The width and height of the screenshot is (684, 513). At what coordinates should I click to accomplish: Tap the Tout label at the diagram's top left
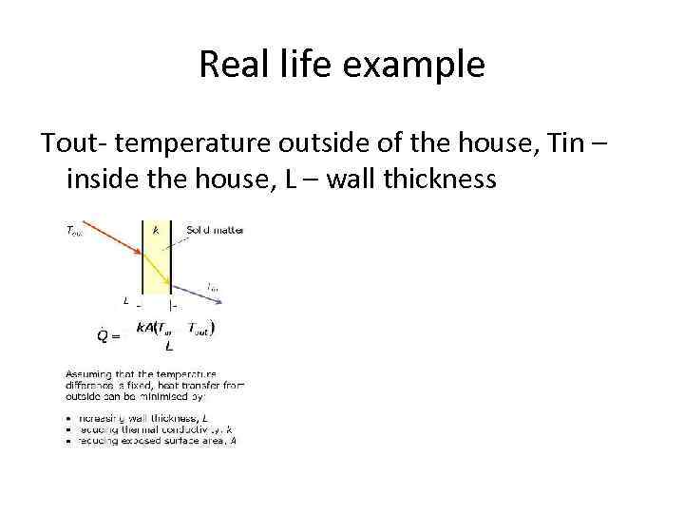pos(73,230)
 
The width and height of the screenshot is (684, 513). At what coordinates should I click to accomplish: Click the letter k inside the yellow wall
pos(155,229)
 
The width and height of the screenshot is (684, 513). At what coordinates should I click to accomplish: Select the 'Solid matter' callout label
pos(215,229)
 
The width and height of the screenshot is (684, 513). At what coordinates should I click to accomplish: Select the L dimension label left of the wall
pos(126,301)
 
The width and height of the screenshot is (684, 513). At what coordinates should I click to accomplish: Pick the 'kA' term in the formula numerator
pos(145,328)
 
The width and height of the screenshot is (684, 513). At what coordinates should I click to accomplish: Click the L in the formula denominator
pos(169,347)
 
